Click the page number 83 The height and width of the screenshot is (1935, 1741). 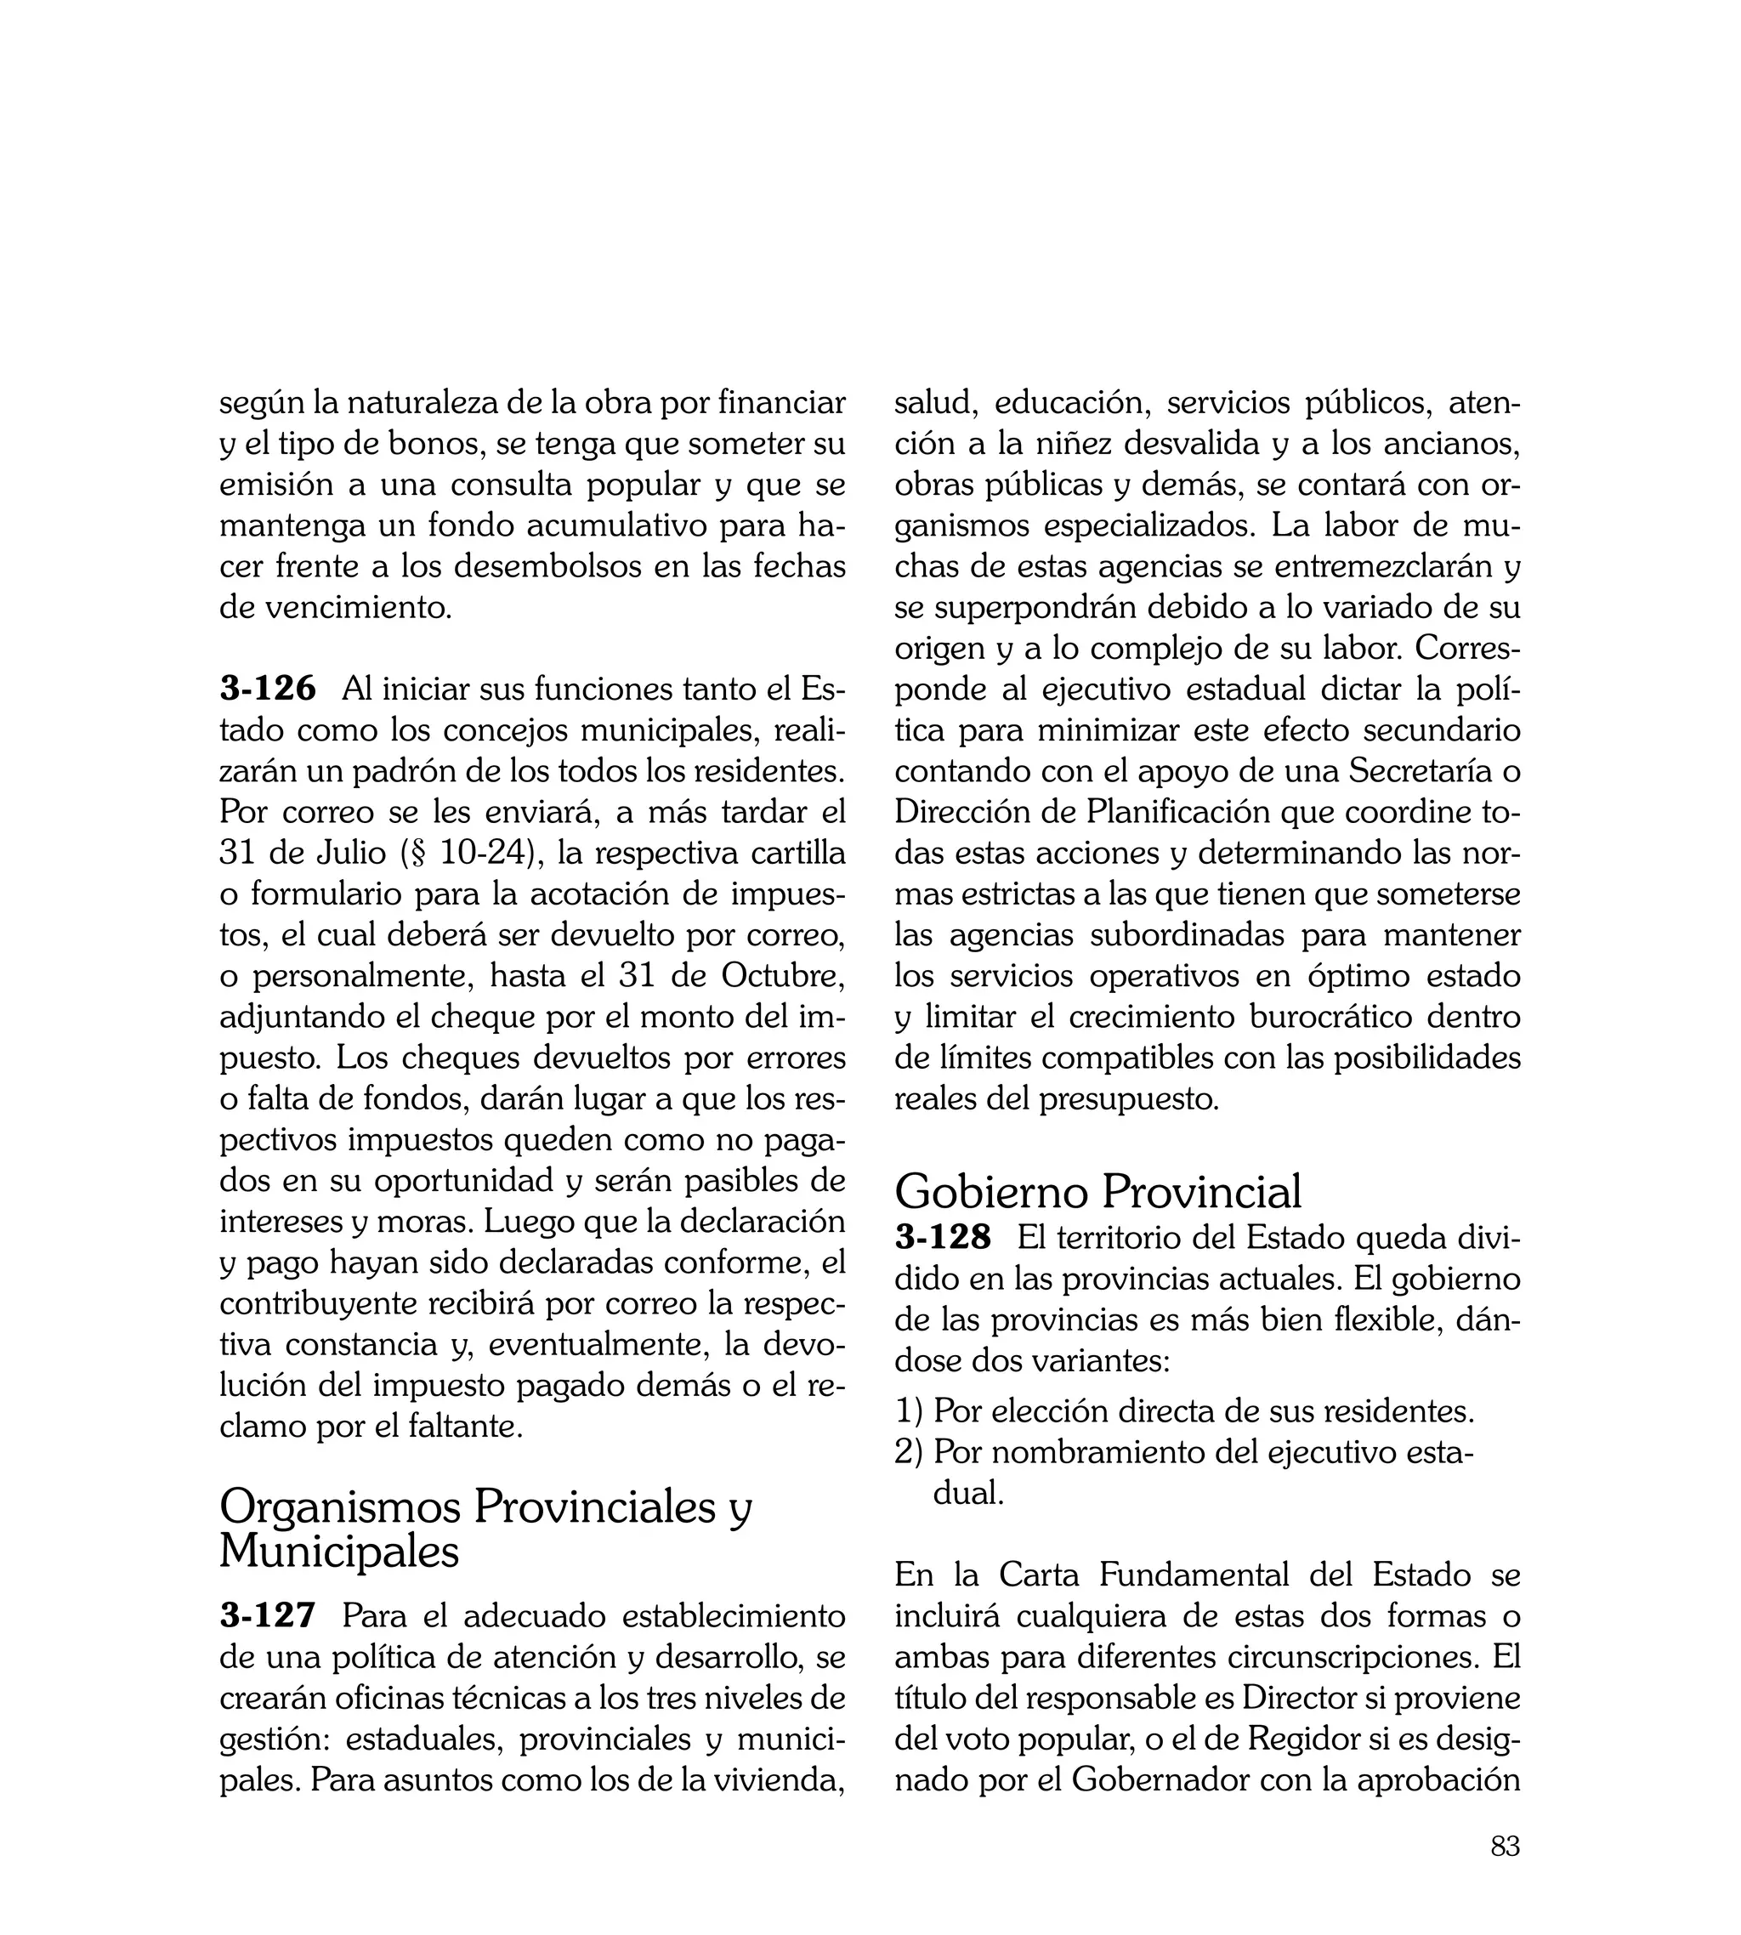1505,1873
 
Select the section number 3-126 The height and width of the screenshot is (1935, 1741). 268,689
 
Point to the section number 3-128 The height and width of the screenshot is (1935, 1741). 944,1238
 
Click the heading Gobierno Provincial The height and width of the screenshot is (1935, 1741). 1097,1192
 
